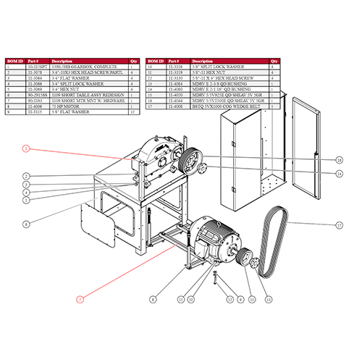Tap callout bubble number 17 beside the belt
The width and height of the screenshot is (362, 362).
(339, 225)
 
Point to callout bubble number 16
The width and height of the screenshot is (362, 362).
(338, 159)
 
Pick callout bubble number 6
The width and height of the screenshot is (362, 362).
(25, 224)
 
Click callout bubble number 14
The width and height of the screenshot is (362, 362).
(338, 174)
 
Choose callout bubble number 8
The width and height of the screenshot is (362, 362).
(153, 298)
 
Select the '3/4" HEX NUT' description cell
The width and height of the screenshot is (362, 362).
(66, 89)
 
